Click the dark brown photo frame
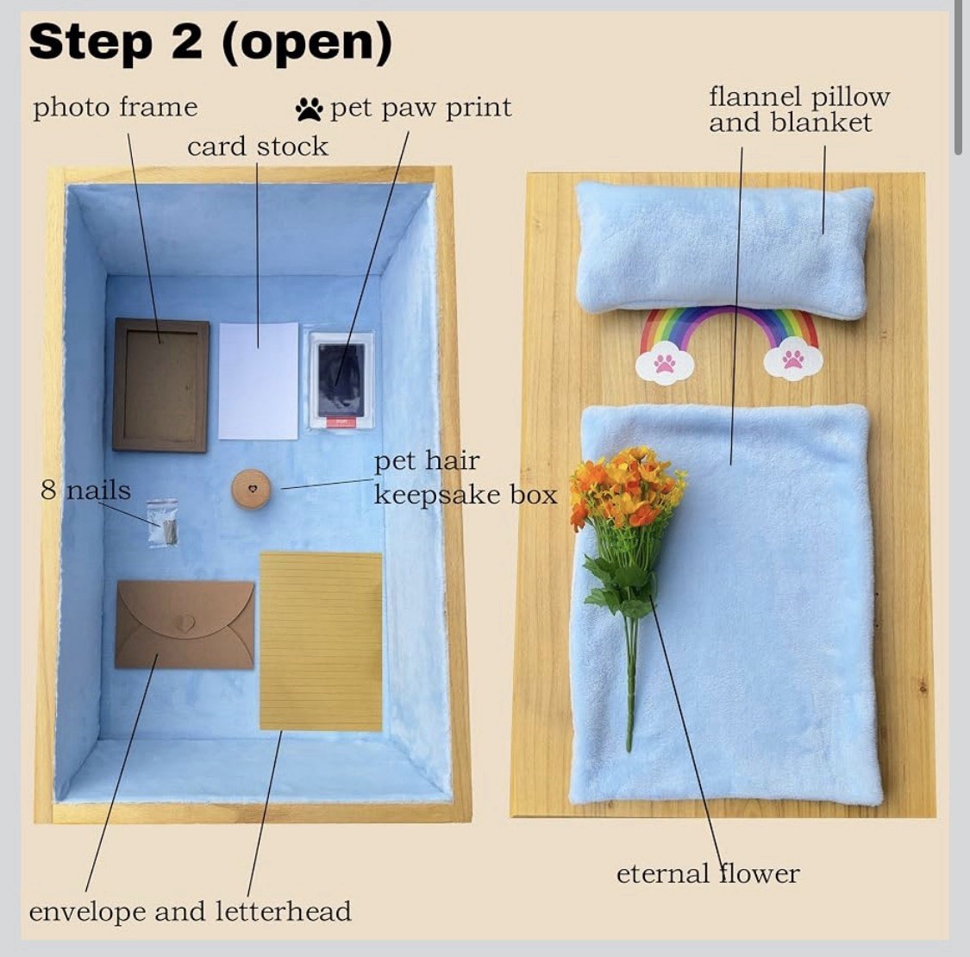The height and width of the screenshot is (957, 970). (x=161, y=385)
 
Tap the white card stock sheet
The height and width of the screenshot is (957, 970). (x=259, y=381)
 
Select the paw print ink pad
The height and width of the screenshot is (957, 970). (x=341, y=381)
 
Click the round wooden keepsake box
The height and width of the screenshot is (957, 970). (x=251, y=489)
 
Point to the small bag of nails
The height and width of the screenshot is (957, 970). (x=163, y=523)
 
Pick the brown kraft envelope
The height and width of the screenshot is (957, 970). (x=185, y=624)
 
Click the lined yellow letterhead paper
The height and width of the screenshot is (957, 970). (x=321, y=641)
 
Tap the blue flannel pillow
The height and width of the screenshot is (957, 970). (x=725, y=250)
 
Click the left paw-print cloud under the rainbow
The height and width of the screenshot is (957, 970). (x=665, y=365)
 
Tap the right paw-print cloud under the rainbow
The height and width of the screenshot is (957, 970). (x=793, y=361)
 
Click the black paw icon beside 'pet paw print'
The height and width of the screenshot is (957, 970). (x=309, y=109)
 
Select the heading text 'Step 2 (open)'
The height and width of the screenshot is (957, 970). (x=210, y=42)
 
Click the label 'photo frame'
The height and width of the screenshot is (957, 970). (x=115, y=108)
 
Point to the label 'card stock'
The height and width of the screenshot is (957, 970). (x=257, y=147)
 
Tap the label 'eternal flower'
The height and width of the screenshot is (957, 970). (x=708, y=874)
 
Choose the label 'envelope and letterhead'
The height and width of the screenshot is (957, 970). (x=190, y=912)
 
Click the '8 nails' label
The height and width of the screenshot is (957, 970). (x=85, y=491)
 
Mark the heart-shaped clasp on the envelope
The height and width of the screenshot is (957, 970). (x=185, y=622)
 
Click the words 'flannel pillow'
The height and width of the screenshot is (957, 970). (x=798, y=97)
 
